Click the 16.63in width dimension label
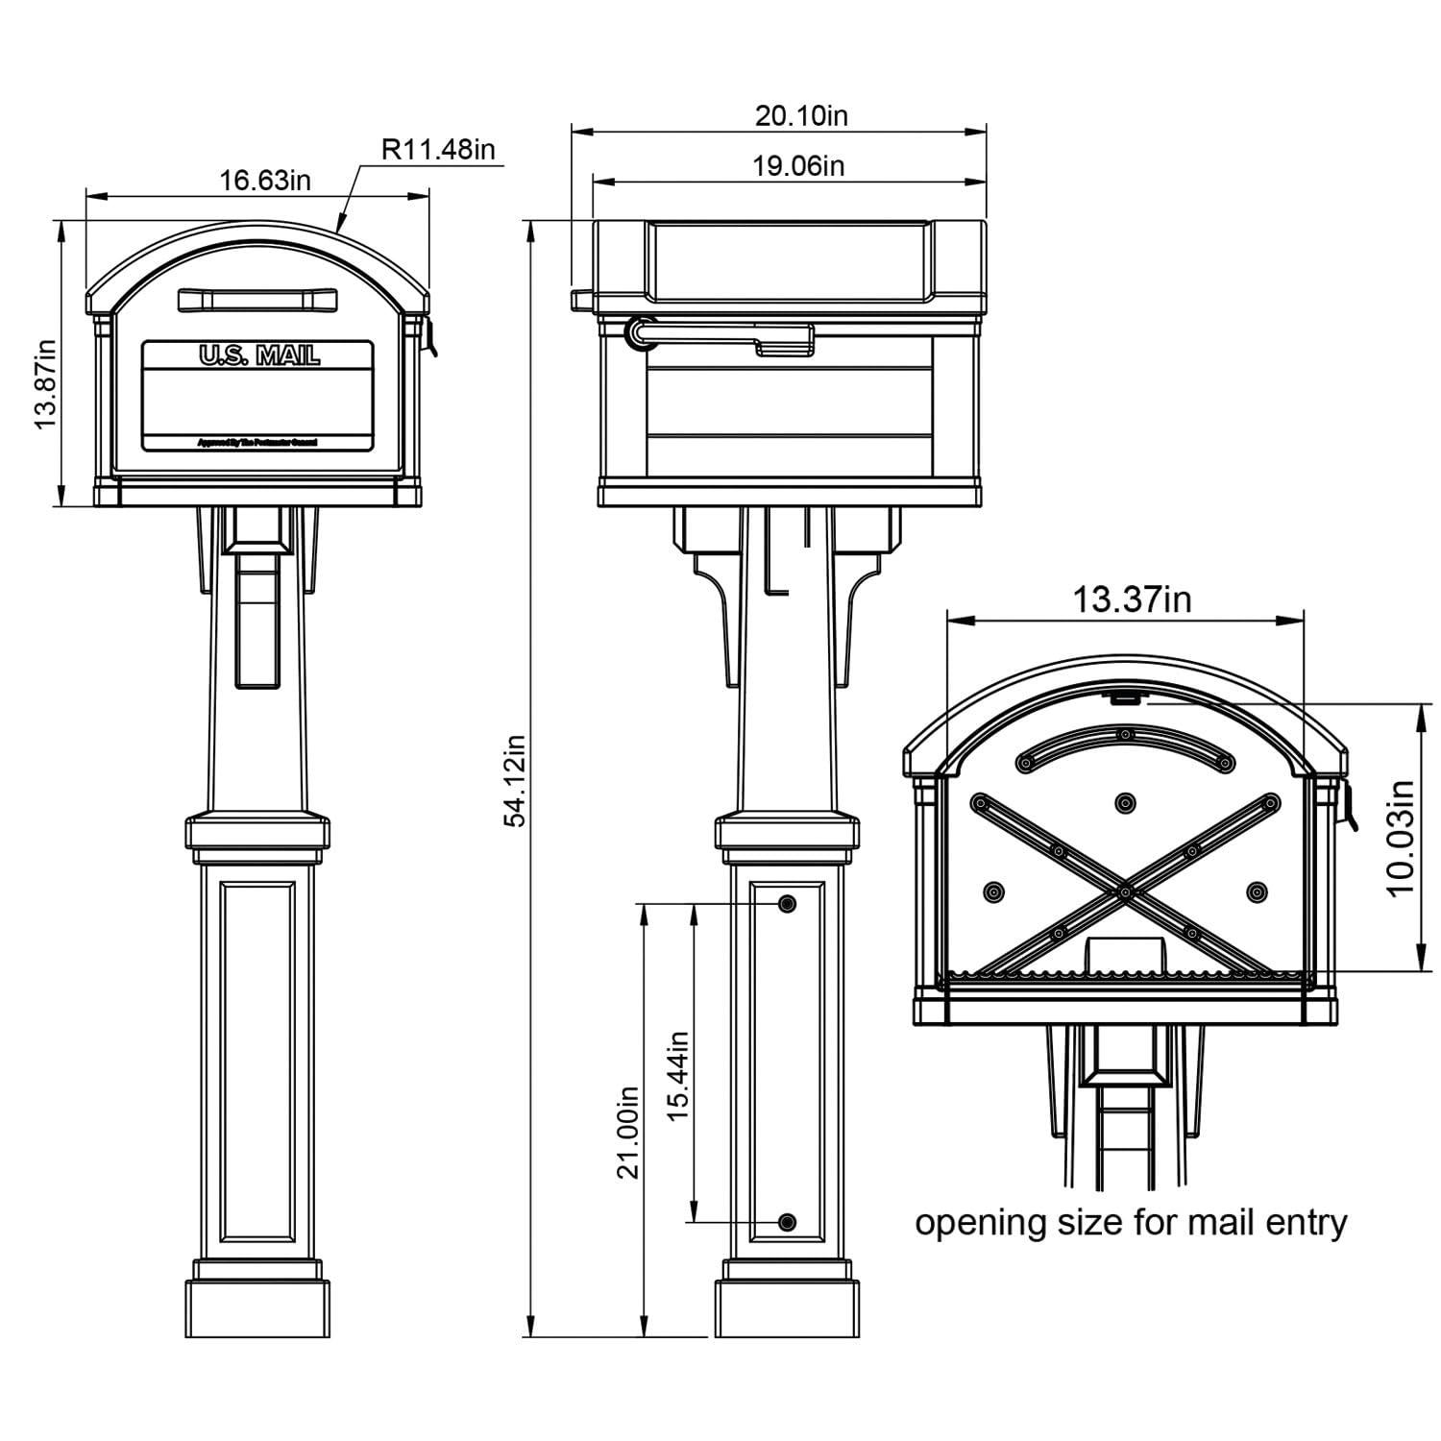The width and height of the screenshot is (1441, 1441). pyautogui.click(x=265, y=180)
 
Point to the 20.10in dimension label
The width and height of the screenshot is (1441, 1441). pyautogui.click(x=801, y=116)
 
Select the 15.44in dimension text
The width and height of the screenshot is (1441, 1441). pyautogui.click(x=678, y=1075)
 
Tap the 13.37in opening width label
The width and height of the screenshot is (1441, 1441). pyautogui.click(x=1132, y=599)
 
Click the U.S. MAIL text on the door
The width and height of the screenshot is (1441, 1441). pyautogui.click(x=258, y=355)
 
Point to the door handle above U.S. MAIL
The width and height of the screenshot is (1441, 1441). pyautogui.click(x=257, y=300)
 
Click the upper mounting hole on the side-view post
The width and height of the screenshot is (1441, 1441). pyautogui.click(x=788, y=904)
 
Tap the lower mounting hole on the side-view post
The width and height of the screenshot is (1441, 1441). pyautogui.click(x=788, y=1223)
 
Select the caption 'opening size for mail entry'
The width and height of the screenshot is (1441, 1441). pyautogui.click(x=1131, y=1224)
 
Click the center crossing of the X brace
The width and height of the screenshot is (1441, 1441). pyautogui.click(x=1123, y=892)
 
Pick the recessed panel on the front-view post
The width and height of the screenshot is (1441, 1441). pyautogui.click(x=257, y=1062)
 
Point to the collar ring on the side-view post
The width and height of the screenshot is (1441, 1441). pyautogui.click(x=787, y=833)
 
